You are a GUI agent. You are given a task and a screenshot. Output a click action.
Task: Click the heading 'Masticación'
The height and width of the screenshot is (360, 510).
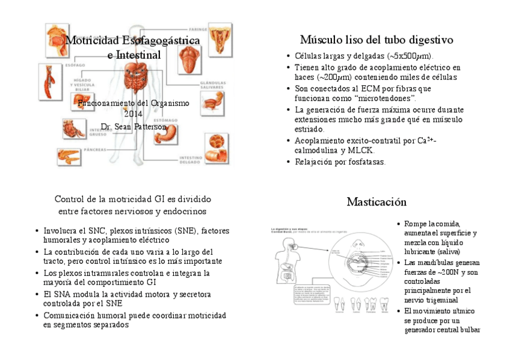click(x=376, y=202)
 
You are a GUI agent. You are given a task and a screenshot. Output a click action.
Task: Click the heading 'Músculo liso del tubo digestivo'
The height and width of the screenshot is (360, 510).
click(x=376, y=40)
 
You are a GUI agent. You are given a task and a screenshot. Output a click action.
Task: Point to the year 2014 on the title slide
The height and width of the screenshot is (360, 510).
click(x=133, y=115)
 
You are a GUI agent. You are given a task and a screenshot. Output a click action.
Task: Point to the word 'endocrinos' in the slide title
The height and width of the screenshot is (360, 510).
click(x=186, y=212)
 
